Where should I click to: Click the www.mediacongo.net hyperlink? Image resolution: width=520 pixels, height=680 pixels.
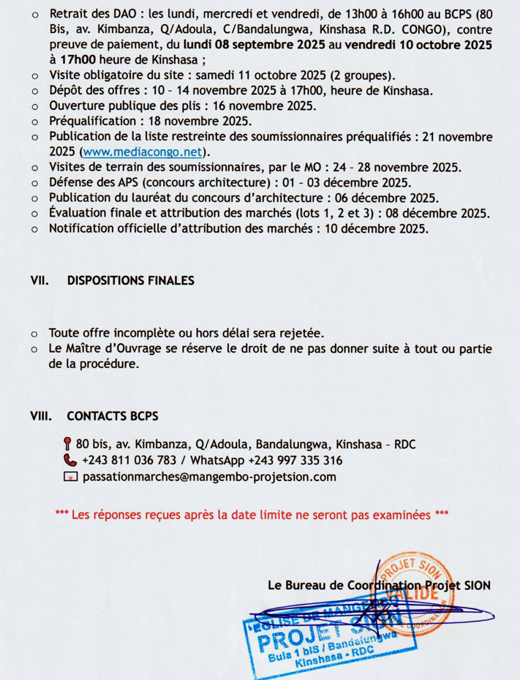pyautogui.click(x=143, y=152)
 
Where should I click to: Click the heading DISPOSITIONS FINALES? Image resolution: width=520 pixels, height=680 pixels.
pyautogui.click(x=131, y=280)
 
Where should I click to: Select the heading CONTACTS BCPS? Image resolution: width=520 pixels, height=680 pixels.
pyautogui.click(x=112, y=416)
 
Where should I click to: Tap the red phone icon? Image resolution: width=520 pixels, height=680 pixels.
pyautogui.click(x=69, y=461)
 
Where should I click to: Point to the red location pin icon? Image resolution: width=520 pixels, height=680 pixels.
pyautogui.click(x=68, y=444)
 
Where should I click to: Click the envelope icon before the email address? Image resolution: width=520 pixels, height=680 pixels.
pyautogui.click(x=69, y=478)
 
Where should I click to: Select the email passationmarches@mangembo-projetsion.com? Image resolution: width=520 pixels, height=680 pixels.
pyautogui.click(x=210, y=477)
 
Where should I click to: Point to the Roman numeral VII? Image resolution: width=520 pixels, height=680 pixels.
pyautogui.click(x=39, y=280)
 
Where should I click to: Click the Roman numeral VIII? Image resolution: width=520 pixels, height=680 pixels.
pyautogui.click(x=40, y=416)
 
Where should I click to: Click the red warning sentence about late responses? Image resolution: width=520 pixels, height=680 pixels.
pyautogui.click(x=252, y=515)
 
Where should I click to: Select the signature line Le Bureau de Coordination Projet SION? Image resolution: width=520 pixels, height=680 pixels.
pyautogui.click(x=380, y=585)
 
